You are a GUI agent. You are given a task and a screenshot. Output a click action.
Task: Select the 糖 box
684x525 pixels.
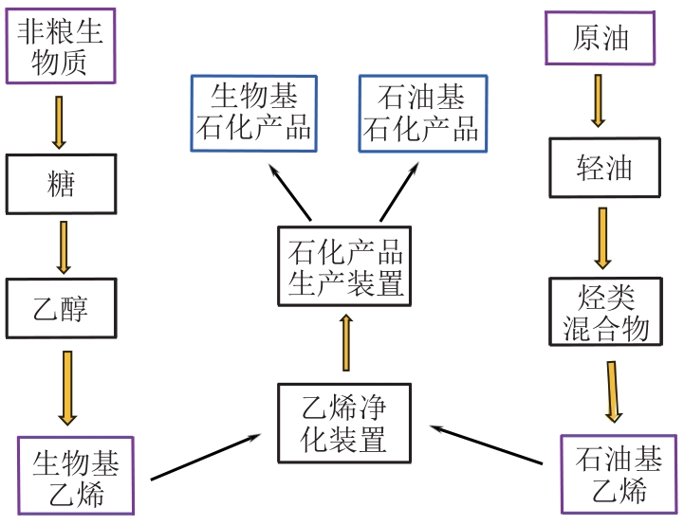[62, 183]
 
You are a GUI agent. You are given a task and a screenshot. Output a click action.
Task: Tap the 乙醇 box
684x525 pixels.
[62, 308]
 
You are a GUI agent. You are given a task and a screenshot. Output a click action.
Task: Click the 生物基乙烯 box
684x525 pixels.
[76, 477]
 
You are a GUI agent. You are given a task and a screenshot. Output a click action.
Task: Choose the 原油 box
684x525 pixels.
[601, 38]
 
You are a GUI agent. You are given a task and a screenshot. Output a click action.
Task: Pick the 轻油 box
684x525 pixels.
[604, 168]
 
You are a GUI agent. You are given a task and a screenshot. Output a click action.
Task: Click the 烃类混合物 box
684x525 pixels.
[605, 313]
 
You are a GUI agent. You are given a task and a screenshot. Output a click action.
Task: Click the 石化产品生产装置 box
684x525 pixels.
[344, 266]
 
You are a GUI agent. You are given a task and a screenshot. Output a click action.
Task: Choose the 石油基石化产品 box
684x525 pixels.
[422, 113]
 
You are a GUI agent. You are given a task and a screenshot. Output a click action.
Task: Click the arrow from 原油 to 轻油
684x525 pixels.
[598, 100]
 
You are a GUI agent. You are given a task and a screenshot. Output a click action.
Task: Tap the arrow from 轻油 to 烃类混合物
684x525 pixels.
[602, 237]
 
